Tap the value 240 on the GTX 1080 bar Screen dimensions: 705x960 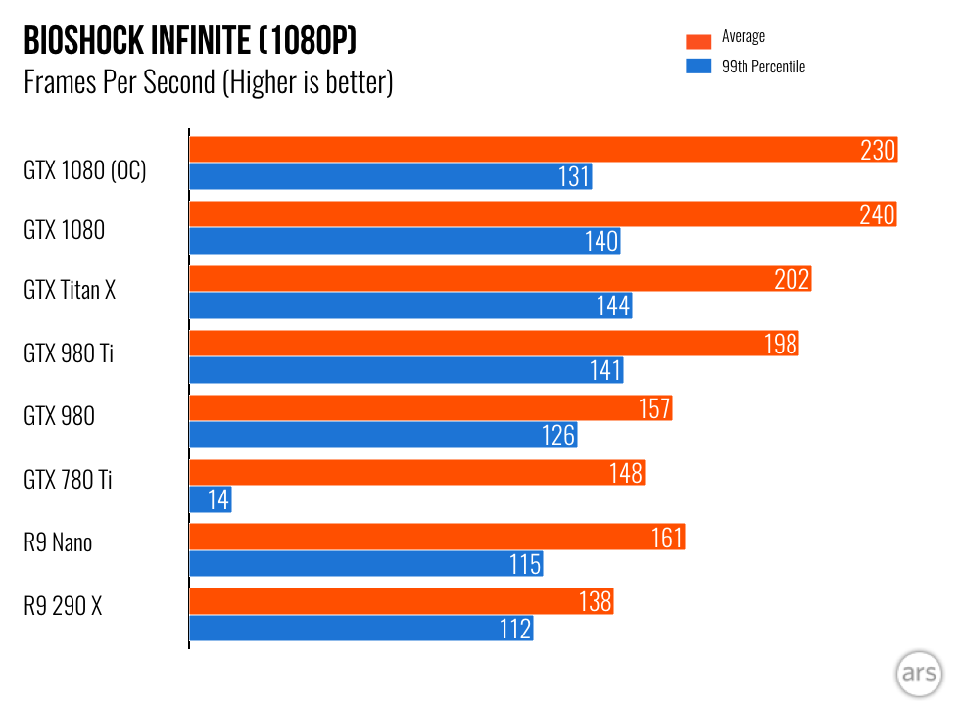878,214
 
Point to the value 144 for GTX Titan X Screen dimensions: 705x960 613,305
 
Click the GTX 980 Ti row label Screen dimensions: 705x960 69,353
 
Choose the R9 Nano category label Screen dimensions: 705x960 58,541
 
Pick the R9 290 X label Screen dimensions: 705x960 63,606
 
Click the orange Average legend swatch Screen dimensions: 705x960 698,40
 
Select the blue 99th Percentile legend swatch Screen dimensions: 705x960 698,67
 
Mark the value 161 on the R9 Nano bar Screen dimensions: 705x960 666,537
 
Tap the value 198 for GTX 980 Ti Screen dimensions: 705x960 780,344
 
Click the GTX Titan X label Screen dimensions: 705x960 70,290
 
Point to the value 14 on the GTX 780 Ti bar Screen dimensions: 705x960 218,499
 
